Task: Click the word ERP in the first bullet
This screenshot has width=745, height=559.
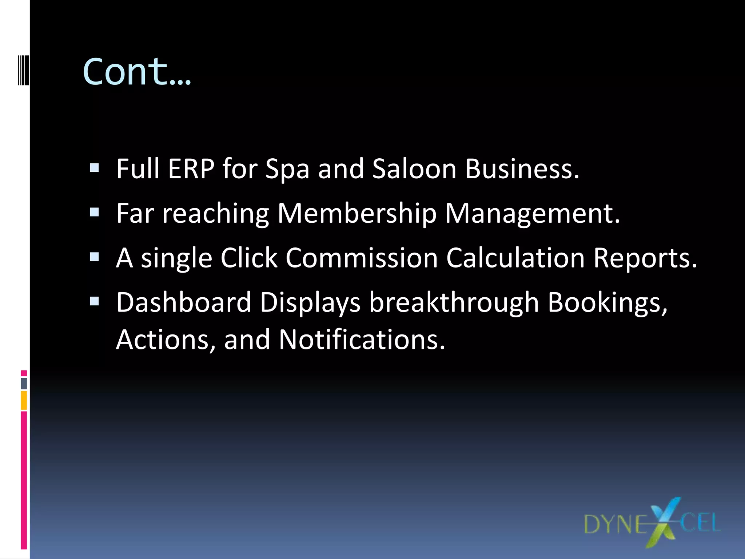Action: point(191,169)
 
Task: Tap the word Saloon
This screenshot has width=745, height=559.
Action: point(414,169)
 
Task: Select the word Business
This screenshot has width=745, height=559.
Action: point(522,169)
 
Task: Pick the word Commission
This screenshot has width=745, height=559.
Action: point(362,258)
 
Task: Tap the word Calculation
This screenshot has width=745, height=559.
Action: point(515,258)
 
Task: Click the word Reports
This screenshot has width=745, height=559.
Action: point(645,258)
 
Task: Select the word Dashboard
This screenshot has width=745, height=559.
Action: point(184,302)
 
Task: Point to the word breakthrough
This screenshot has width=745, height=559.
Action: point(454,302)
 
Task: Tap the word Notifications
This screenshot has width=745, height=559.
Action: point(362,340)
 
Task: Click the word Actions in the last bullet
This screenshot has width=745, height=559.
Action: point(166,340)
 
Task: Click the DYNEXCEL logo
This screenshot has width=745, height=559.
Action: point(652,523)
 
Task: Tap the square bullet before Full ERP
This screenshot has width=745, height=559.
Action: point(94,168)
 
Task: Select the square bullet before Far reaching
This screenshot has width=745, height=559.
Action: point(94,212)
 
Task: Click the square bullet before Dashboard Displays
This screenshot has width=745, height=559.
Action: point(94,301)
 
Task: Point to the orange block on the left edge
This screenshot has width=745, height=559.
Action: point(24,400)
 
